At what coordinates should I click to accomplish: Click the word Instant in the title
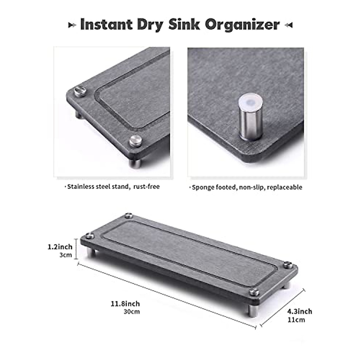tap(106, 24)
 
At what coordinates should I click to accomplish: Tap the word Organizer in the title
tap(242, 25)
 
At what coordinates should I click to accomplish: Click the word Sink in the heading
tap(184, 24)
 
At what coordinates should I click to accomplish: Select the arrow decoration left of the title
tap(72, 25)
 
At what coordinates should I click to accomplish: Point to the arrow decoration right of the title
tap(288, 25)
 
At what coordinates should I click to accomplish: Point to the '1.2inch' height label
tap(60, 247)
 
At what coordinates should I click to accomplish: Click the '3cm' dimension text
tap(66, 255)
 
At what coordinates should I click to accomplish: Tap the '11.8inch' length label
tap(125, 304)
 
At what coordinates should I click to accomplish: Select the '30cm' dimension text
tap(132, 312)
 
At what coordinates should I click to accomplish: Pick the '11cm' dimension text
tap(296, 320)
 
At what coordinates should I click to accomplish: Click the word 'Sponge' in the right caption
tap(201, 187)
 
